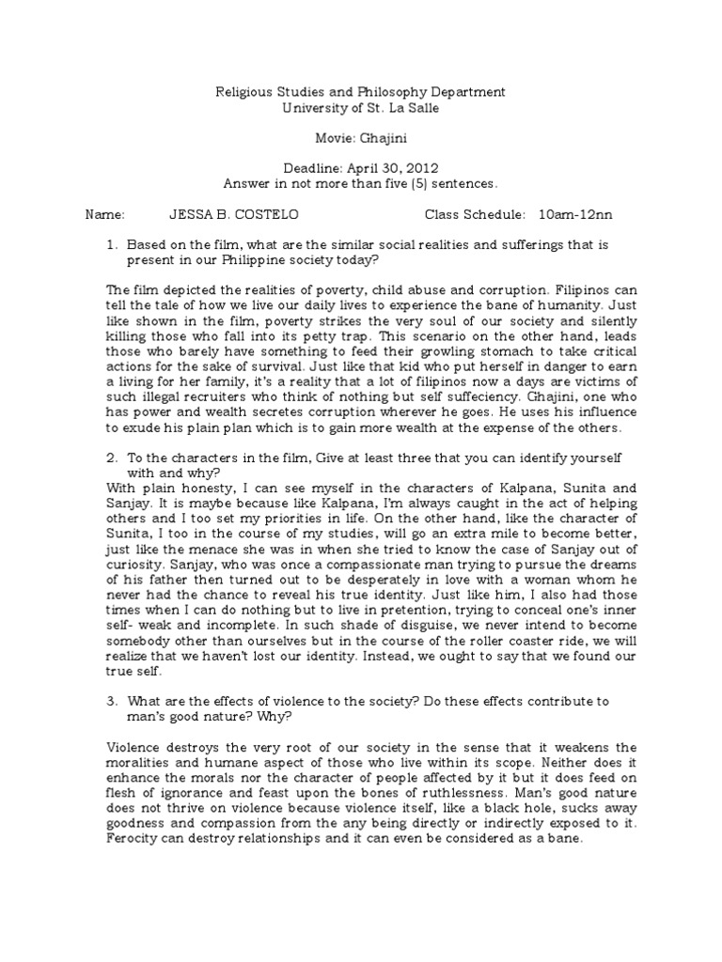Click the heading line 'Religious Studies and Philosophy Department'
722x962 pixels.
tap(361, 92)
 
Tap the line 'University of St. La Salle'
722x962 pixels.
tap(361, 108)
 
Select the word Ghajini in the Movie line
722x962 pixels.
tap(381, 138)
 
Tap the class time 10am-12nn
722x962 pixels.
tap(575, 215)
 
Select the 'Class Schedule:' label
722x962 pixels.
tap(475, 215)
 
